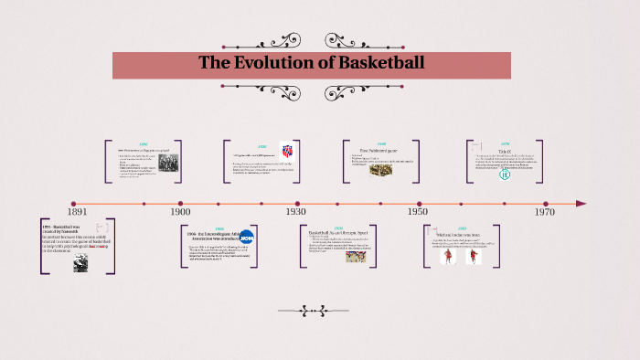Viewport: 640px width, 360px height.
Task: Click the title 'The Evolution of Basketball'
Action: pos(312,64)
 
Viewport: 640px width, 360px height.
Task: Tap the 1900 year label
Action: pos(180,211)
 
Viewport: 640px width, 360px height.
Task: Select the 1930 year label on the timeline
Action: pos(296,211)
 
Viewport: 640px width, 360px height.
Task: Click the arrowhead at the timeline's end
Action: pos(581,204)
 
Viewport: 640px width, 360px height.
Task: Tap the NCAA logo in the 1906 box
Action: pos(247,238)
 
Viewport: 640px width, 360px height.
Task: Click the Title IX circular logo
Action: pos(504,174)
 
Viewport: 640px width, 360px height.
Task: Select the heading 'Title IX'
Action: pos(504,149)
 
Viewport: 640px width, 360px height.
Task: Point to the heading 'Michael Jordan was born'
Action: pos(453,235)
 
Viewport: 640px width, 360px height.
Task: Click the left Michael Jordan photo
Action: pos(449,257)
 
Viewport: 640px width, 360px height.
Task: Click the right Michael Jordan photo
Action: pos(473,257)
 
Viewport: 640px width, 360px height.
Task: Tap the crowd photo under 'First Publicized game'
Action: pos(380,170)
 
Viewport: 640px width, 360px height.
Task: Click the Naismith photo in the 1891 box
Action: pos(81,262)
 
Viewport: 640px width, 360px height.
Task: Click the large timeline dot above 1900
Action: pos(180,204)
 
